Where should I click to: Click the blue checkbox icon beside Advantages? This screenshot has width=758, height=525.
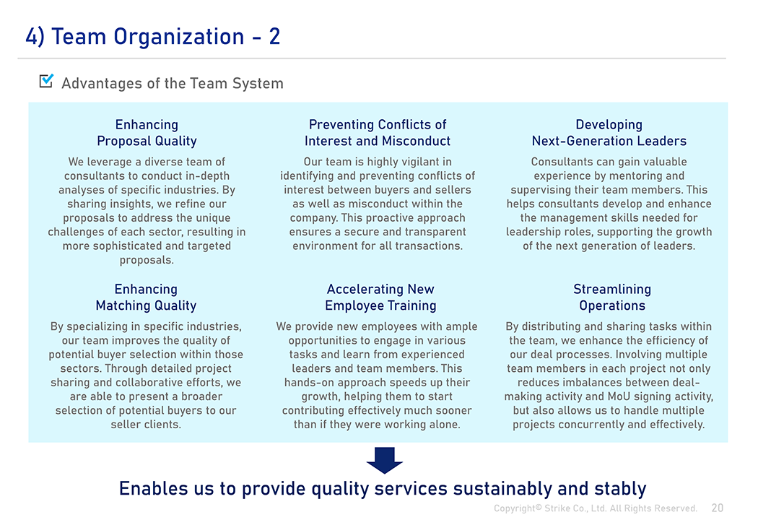pos(46,81)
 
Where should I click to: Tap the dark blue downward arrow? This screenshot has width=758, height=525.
pos(384,460)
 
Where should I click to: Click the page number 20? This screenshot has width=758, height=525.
pos(718,508)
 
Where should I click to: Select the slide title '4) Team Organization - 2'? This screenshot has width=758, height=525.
pos(153,37)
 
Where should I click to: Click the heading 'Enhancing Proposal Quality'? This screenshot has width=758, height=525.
pos(147,132)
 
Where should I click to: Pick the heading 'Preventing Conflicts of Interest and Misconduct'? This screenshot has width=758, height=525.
pos(378,132)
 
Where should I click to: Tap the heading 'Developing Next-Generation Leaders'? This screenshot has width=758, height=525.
pos(609,132)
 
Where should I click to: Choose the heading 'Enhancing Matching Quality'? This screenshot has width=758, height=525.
pos(146,298)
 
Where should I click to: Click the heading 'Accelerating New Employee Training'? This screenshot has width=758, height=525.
pos(380,298)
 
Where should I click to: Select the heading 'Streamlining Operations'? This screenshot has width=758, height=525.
pos(612,298)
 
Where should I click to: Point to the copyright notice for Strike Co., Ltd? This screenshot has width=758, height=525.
pos(595,508)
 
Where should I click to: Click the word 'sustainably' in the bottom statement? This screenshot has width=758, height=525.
pos(502,489)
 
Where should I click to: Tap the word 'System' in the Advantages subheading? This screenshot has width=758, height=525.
pos(258,83)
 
